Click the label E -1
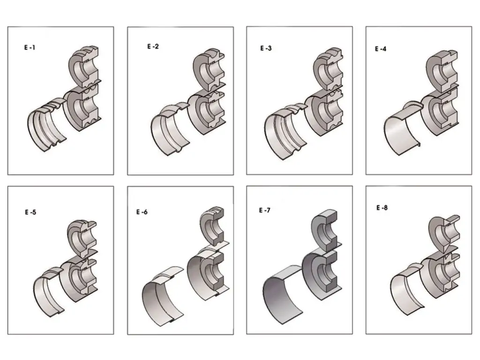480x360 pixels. point(30,47)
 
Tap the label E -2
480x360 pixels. point(153,46)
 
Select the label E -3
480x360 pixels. point(266,48)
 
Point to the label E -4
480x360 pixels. point(381,49)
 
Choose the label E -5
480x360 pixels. point(30,212)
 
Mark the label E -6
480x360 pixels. point(142,212)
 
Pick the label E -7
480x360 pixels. point(264,210)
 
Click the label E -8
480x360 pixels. point(382,208)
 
